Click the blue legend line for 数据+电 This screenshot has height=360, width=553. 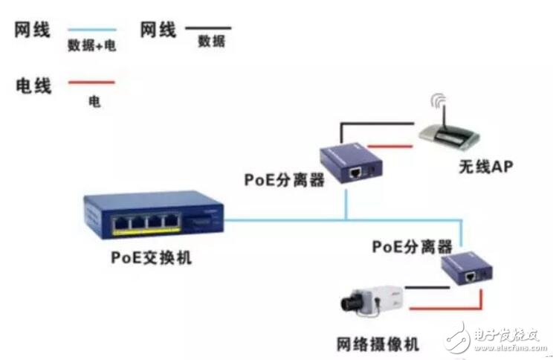coord(92,30)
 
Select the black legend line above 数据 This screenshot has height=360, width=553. coord(208,28)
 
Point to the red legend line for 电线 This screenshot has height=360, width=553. coord(91,83)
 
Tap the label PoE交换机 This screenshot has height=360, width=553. coord(152,257)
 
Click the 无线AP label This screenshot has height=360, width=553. coord(486,167)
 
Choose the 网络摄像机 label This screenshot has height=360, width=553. coord(378,344)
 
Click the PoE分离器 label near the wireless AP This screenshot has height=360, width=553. coord(284,180)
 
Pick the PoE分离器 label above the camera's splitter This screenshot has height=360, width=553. coord(412,246)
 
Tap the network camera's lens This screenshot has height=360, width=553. coord(351,303)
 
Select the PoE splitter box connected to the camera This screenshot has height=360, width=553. coord(467,269)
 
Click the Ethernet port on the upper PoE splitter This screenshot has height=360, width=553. coord(355,173)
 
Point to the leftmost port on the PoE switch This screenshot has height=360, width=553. coord(120,223)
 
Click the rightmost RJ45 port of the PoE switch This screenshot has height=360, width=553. coord(171,222)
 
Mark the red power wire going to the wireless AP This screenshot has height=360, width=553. coord(389,146)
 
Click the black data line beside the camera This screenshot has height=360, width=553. coord(427,288)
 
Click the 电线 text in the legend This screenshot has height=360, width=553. coord(33,86)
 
